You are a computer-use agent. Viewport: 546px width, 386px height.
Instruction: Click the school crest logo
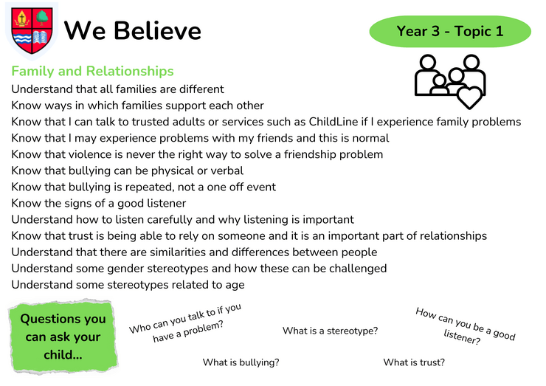32,31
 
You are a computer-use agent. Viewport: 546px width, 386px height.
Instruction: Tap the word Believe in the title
157,31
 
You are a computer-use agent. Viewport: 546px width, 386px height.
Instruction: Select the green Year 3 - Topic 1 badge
450,31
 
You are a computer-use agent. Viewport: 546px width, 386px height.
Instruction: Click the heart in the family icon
469,97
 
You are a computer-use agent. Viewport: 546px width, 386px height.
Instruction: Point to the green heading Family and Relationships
93,71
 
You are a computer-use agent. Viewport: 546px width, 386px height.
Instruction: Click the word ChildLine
334,122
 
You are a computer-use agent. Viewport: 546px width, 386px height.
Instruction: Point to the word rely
188,236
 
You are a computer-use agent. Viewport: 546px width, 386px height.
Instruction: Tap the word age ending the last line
235,286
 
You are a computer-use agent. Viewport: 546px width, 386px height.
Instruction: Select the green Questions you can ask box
63,337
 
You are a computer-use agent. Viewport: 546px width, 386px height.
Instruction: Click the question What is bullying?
241,362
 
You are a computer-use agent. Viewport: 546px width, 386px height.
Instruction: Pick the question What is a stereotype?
330,331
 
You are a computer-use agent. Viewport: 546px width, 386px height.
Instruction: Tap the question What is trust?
414,362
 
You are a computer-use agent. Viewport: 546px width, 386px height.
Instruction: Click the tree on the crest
43,17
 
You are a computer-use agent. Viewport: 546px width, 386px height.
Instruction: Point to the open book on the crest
41,38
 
